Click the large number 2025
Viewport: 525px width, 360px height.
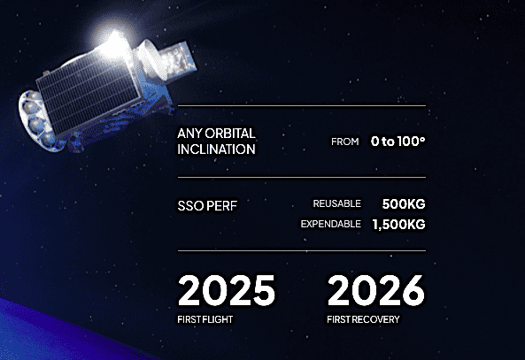[227, 290]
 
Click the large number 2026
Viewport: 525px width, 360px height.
[376, 290]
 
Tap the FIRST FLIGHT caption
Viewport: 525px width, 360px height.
[205, 319]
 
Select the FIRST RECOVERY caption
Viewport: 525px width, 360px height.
[363, 319]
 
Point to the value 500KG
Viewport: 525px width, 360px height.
[404, 203]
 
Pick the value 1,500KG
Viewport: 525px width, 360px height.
[398, 224]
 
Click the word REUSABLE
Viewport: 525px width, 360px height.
[336, 203]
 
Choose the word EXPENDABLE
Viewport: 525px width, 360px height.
[331, 224]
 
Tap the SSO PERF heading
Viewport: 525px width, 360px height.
[207, 206]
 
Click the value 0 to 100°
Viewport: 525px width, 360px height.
[398, 142]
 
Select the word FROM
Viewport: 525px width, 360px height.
[345, 142]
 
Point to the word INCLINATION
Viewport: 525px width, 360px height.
[216, 149]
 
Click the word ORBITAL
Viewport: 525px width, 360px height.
[230, 134]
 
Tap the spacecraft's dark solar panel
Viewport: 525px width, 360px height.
[88, 95]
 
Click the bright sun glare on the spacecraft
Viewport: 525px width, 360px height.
[114, 42]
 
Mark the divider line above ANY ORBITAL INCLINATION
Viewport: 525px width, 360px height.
[302, 106]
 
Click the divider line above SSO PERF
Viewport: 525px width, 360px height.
[302, 177]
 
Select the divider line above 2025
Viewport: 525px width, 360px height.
[302, 250]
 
